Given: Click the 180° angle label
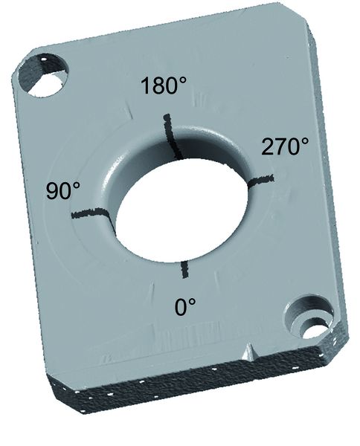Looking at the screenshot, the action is pos(164,85).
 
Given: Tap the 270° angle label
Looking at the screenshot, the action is pos(285,146).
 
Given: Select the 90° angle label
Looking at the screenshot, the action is pos(63,190).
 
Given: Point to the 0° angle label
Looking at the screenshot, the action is pos(185,307).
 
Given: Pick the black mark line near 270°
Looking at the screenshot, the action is pos(260,180).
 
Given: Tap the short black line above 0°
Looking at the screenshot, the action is pos(184,269).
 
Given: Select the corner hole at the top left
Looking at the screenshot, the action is pos(43,74).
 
